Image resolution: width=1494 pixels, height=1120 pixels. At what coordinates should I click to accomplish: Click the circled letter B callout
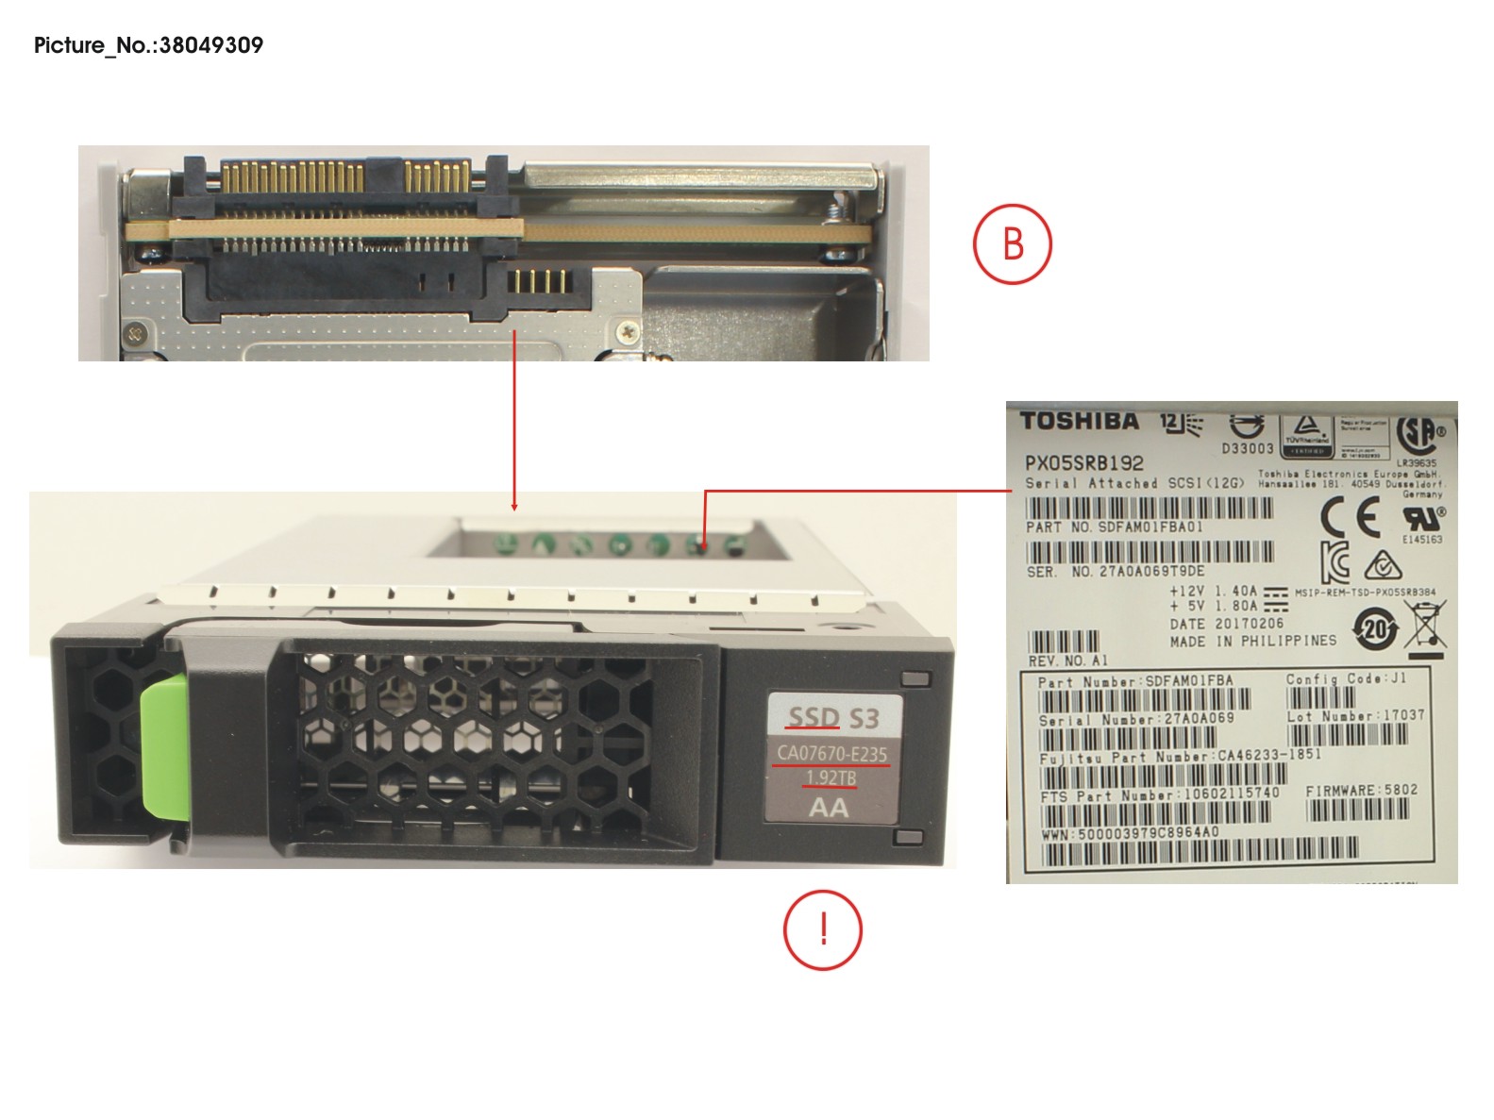1012,243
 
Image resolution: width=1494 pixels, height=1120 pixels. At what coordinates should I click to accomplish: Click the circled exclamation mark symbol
823,929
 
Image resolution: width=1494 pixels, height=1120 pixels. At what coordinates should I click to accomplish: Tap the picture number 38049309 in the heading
211,45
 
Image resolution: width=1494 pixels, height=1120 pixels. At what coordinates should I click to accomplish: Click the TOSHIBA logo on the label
1080,421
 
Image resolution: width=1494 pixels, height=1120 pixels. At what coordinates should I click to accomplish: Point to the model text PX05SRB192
1084,463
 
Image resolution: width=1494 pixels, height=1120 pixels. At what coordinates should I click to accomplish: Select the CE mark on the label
1350,516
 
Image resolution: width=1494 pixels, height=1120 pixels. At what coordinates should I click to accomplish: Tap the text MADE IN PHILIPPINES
1252,641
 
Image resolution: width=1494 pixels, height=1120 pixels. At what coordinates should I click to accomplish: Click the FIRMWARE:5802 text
1362,791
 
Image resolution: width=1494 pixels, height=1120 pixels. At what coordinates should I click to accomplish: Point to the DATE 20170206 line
1226,624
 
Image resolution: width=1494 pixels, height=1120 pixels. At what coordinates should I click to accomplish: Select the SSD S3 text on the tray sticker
833,719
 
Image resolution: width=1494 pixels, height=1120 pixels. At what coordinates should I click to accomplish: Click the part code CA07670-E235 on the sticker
831,754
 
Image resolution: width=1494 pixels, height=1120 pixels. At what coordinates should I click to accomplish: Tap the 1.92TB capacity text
831,778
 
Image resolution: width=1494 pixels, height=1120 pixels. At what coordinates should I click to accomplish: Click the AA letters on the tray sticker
829,808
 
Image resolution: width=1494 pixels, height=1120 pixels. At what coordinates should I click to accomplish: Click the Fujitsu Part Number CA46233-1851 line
1180,756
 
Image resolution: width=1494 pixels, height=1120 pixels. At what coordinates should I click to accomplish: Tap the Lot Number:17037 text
1355,716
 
